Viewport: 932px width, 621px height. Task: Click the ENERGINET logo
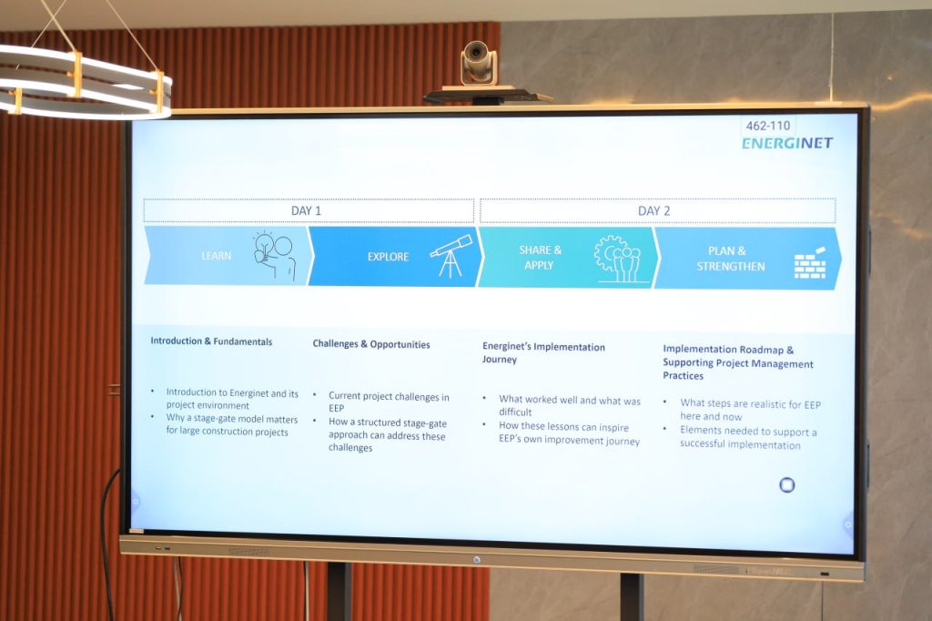point(787,143)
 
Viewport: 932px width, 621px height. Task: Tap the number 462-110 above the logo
point(768,126)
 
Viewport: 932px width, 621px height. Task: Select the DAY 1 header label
point(306,210)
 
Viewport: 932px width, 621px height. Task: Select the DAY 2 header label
point(653,211)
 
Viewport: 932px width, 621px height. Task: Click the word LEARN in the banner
point(217,256)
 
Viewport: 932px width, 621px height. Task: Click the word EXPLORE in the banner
point(388,257)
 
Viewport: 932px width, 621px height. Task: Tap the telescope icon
point(451,256)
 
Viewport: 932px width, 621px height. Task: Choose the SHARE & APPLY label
point(540,258)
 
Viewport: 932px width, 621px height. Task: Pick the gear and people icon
point(617,259)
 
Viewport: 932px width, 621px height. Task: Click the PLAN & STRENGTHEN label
point(731,259)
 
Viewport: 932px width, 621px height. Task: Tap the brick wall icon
point(811,263)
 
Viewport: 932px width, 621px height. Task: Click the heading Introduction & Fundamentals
point(211,341)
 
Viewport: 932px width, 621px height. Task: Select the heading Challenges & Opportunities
point(371,344)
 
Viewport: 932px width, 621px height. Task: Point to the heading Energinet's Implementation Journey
point(543,353)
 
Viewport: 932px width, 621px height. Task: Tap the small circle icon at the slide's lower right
point(787,485)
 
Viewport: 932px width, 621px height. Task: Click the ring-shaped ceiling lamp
point(83,83)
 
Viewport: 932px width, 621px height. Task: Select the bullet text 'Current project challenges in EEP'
point(389,402)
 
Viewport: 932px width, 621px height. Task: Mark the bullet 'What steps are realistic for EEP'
point(750,411)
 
